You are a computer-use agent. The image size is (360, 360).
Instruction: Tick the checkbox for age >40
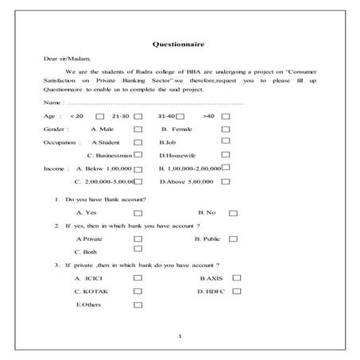(226, 117)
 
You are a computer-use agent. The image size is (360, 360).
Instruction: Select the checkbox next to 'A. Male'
(138, 130)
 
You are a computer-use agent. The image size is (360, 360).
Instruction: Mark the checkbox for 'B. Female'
(226, 129)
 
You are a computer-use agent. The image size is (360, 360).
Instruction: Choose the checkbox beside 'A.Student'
(138, 142)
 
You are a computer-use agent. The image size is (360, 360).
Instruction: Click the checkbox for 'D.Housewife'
(226, 155)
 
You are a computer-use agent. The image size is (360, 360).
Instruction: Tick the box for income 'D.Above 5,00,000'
(226, 182)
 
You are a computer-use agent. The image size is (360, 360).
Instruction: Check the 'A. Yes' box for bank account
(138, 214)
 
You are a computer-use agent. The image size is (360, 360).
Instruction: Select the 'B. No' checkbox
(232, 214)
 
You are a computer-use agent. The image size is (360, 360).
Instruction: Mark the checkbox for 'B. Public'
(232, 238)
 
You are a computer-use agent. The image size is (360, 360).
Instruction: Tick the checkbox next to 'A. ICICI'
(138, 278)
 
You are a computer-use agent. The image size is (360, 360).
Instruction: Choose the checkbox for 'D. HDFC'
(235, 292)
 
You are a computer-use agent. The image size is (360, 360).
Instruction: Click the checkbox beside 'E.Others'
(138, 305)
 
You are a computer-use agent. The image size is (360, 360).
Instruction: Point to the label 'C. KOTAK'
(91, 292)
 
